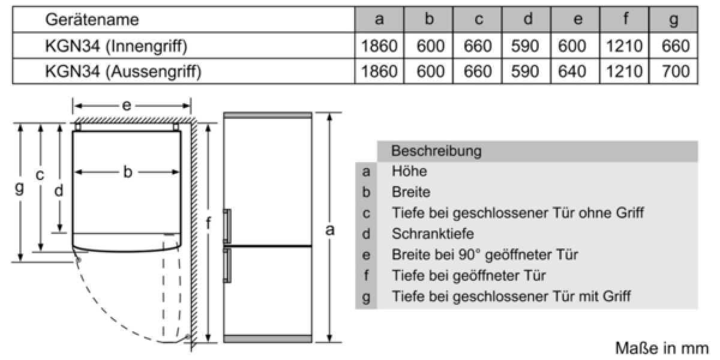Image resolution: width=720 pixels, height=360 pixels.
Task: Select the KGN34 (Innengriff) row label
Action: (116, 46)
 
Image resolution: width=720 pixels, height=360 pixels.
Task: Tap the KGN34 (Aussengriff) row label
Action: (123, 71)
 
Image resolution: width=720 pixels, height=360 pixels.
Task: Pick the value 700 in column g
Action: (676, 71)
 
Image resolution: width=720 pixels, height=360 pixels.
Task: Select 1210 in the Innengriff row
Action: (624, 46)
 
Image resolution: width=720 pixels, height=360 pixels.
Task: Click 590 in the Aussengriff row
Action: (525, 71)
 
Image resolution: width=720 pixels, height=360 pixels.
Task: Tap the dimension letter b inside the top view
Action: (128, 172)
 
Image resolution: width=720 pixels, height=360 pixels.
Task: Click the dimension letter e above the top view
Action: (127, 106)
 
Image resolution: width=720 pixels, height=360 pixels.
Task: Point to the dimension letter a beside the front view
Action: (330, 230)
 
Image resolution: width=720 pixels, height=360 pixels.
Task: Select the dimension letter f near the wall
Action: (208, 223)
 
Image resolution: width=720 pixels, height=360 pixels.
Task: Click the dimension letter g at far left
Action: (19, 187)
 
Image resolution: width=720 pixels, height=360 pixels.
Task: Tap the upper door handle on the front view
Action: (227, 226)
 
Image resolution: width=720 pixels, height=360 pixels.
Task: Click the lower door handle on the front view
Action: (227, 265)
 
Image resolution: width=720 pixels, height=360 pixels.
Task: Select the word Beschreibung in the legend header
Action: (436, 151)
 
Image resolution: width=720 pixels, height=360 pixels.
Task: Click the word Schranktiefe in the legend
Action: (433, 233)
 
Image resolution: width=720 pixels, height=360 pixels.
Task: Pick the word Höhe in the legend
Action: (409, 171)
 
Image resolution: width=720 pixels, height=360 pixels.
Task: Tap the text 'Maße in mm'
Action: (661, 349)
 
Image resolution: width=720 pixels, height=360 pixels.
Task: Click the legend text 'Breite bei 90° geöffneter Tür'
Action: (485, 254)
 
